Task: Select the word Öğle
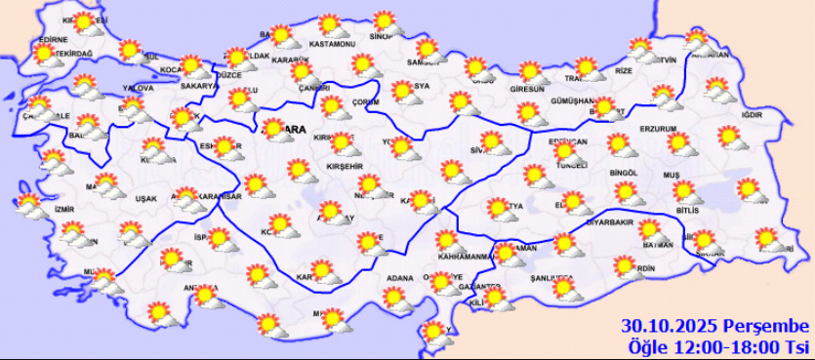[x=647, y=345]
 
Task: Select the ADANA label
[x=399, y=278]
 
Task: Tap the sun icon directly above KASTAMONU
[x=331, y=25]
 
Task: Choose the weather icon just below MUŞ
[x=684, y=192]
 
